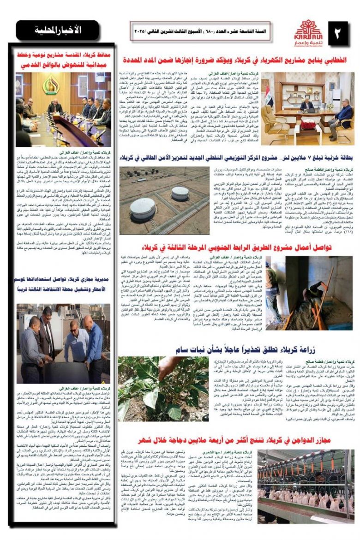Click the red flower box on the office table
(x=308, y=124)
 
